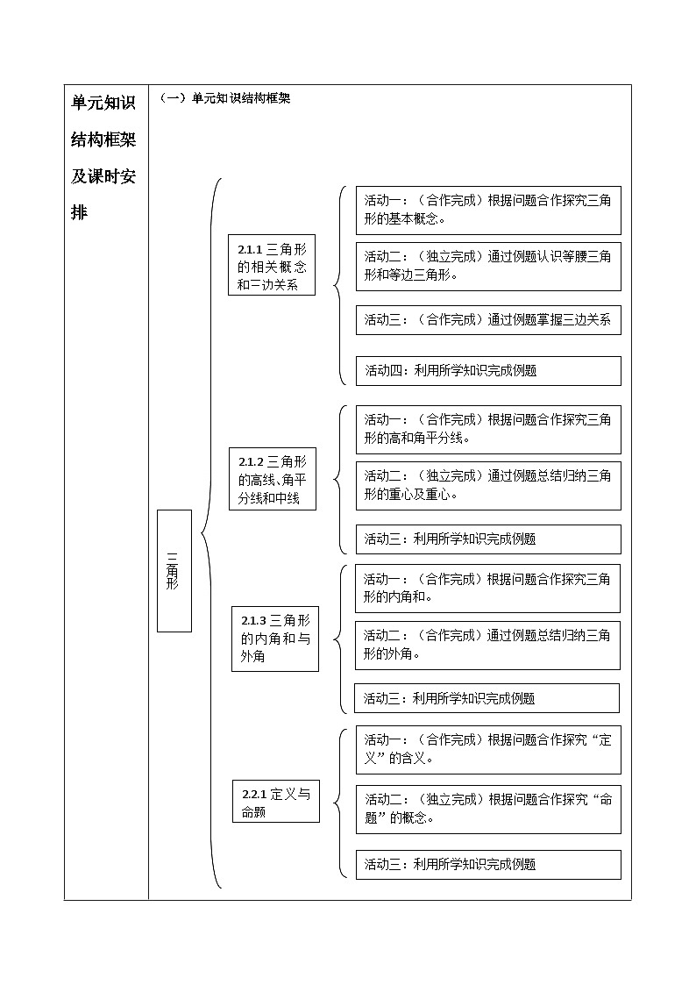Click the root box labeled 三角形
[174, 570]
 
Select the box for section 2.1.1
[272, 264]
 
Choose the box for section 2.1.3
[275, 639]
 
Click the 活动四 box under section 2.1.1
[488, 370]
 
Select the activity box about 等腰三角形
[488, 266]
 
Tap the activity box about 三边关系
[488, 319]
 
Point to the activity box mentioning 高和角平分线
[488, 428]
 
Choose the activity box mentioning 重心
[488, 485]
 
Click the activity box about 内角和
[488, 588]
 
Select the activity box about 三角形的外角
[488, 645]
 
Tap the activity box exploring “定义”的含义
[488, 749]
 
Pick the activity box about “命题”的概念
[488, 809]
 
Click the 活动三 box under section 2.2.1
[488, 864]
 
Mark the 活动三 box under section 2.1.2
[488, 539]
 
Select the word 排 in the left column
[80, 213]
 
